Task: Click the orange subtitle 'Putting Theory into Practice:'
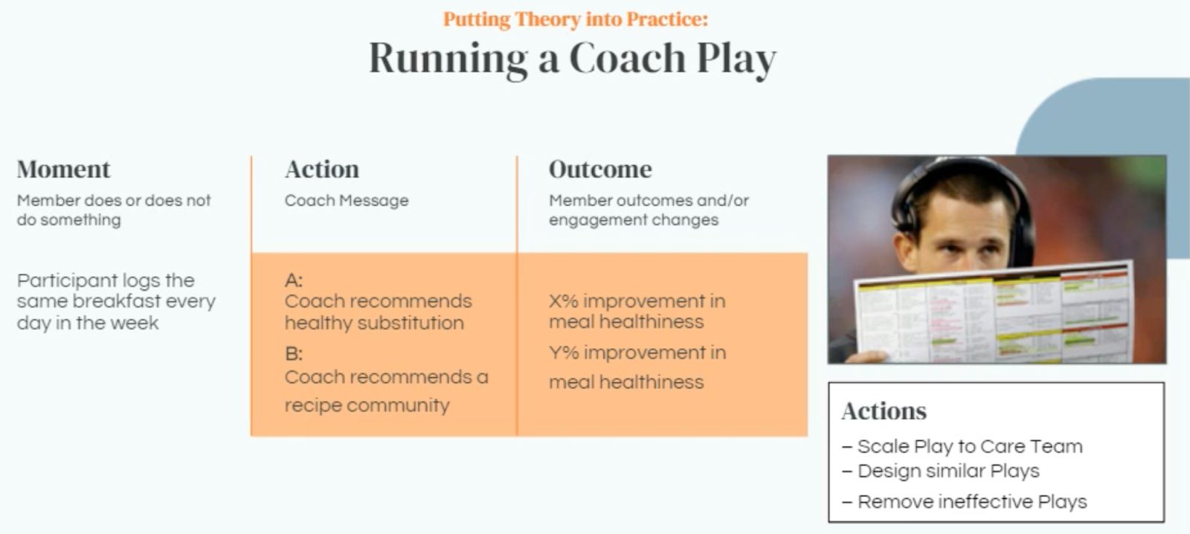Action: pos(576,19)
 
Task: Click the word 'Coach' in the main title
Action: pos(628,58)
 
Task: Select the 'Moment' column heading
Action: pos(64,170)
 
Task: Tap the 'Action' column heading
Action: pos(322,170)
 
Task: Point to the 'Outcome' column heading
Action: pos(600,170)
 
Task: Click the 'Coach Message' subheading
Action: pos(347,200)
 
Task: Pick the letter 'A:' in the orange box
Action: pos(294,280)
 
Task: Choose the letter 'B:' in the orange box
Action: pos(294,353)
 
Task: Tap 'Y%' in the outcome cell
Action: pos(564,353)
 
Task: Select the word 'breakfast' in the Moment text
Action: pos(116,301)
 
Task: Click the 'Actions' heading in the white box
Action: pos(884,411)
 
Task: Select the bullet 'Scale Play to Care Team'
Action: pos(962,447)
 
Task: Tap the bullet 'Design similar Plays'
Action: pos(941,472)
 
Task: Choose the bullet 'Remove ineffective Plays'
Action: pos(965,502)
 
